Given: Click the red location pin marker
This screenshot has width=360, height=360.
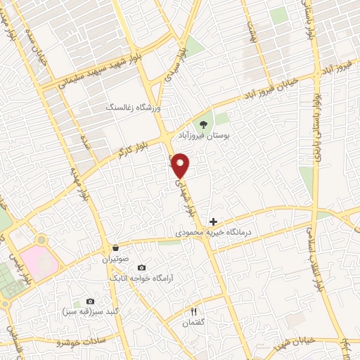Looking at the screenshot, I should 181,165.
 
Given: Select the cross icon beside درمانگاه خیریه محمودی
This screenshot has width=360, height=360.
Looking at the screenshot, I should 214,221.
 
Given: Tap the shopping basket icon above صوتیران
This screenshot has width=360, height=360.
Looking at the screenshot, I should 115,248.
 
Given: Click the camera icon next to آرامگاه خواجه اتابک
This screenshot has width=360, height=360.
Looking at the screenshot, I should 141,267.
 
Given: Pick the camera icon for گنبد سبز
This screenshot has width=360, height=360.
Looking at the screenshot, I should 89,301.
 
